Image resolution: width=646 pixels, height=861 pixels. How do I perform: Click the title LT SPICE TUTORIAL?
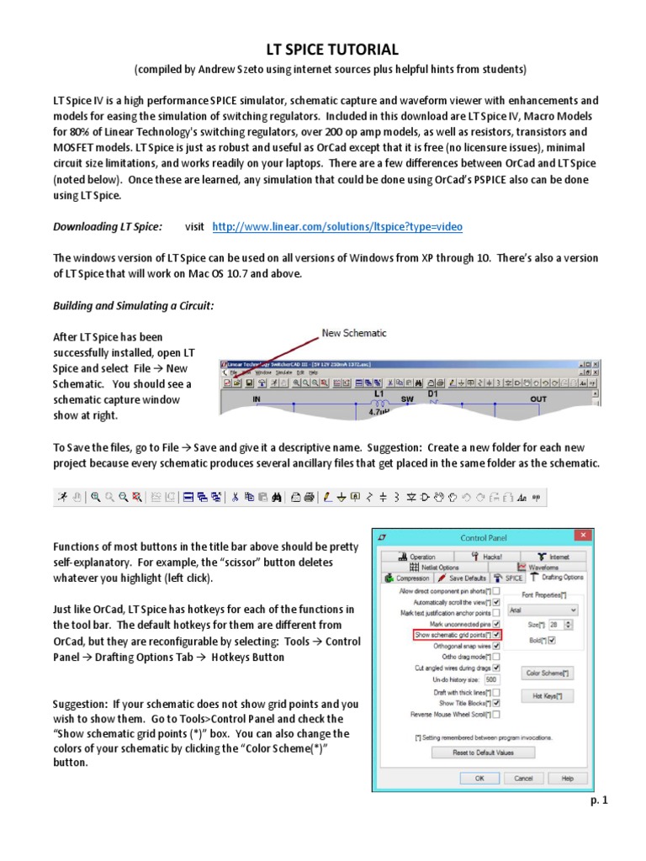[x=324, y=50]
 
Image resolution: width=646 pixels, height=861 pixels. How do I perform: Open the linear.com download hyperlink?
[x=337, y=227]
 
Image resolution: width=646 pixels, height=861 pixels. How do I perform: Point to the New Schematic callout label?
[x=354, y=333]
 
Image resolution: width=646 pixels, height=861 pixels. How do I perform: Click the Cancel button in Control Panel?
[x=524, y=779]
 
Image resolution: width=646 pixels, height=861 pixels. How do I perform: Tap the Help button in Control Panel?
[x=568, y=779]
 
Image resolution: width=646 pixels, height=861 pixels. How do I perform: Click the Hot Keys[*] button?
[x=547, y=696]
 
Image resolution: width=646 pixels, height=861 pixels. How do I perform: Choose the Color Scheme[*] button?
[x=547, y=673]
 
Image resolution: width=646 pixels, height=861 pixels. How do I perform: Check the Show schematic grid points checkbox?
[x=496, y=635]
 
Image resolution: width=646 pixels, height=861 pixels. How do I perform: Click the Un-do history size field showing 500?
[x=491, y=679]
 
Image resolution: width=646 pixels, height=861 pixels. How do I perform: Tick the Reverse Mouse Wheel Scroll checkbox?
[x=496, y=714]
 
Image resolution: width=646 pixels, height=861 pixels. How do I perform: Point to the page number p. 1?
[x=598, y=800]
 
